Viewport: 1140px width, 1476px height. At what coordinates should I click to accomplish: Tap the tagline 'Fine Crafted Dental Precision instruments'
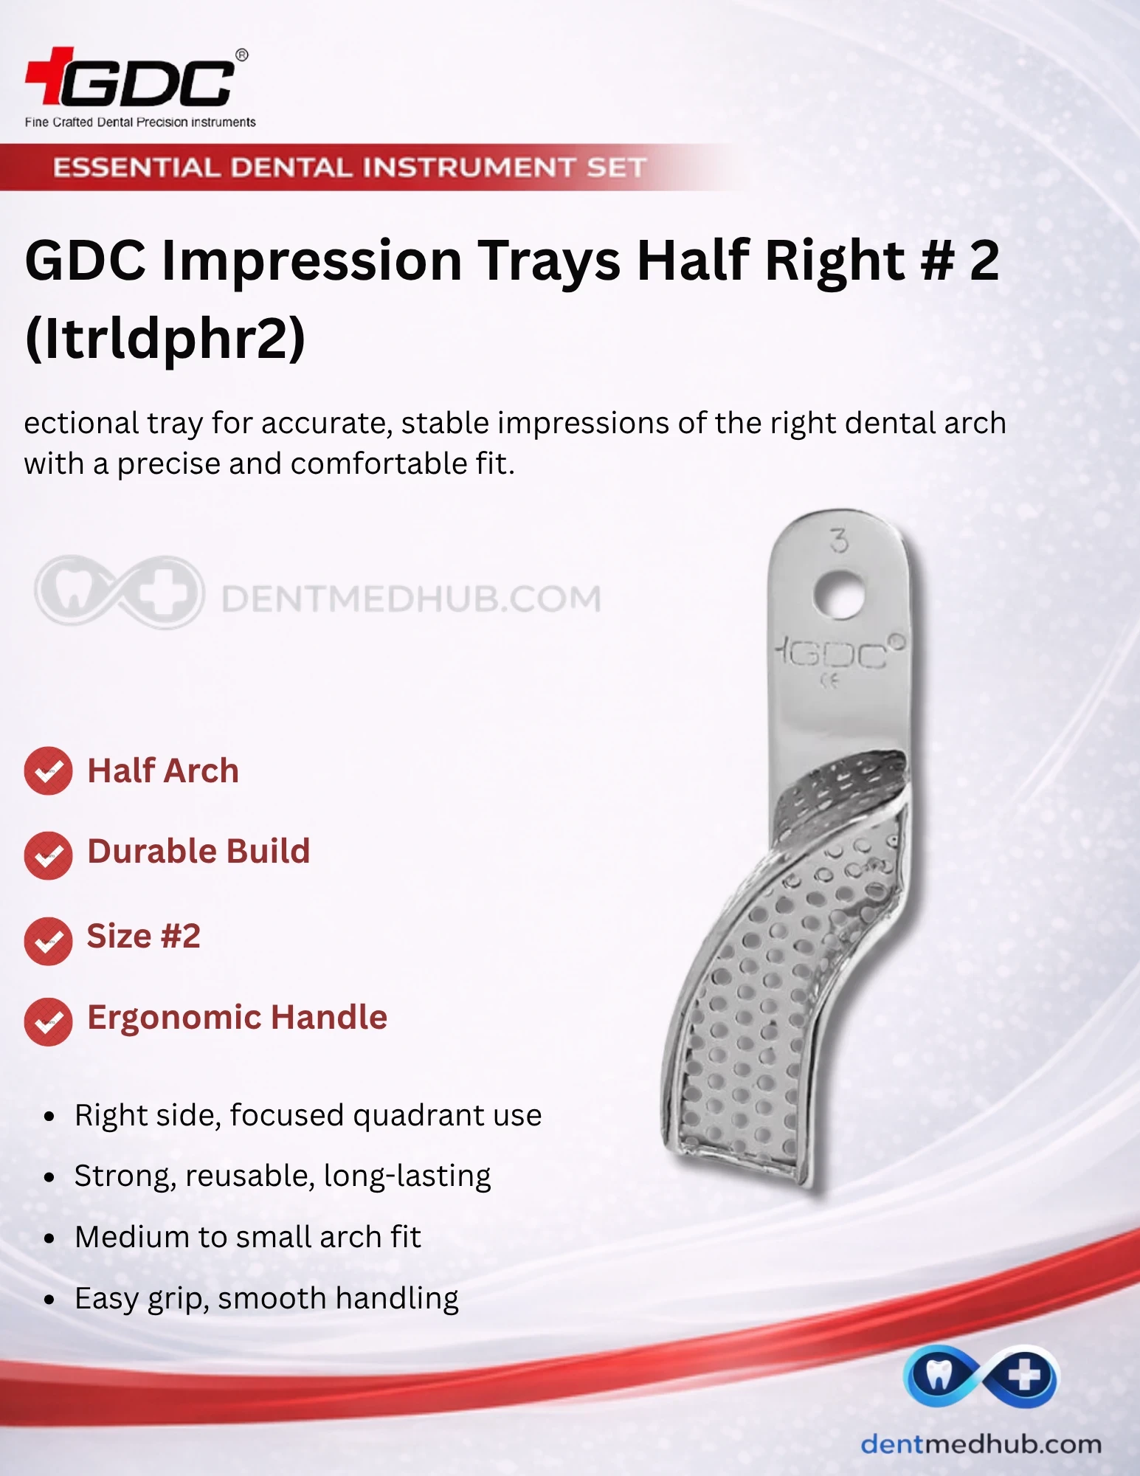(140, 123)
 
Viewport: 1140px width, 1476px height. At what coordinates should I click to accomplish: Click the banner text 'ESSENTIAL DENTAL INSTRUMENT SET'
(350, 168)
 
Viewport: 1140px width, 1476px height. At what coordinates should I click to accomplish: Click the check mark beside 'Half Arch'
(48, 771)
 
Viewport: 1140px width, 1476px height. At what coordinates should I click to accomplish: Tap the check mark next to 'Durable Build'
(48, 855)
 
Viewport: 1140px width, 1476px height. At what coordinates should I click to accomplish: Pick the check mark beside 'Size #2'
(48, 941)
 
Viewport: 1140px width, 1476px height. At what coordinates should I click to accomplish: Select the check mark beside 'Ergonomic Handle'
(48, 1022)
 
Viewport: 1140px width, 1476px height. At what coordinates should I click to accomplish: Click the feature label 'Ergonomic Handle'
(238, 1018)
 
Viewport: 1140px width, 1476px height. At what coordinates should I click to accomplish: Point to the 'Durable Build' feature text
(198, 851)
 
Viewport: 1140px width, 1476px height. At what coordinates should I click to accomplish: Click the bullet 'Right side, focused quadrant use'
(308, 1115)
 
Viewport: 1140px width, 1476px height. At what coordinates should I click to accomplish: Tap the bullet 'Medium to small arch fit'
(248, 1237)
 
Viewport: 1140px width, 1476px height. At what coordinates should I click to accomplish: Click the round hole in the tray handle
(840, 593)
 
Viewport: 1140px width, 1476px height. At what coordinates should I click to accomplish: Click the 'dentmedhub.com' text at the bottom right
(981, 1444)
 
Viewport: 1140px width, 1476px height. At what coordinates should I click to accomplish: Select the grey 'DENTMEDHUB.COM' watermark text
(412, 599)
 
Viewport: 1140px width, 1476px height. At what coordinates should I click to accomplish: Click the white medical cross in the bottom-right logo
(1024, 1376)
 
